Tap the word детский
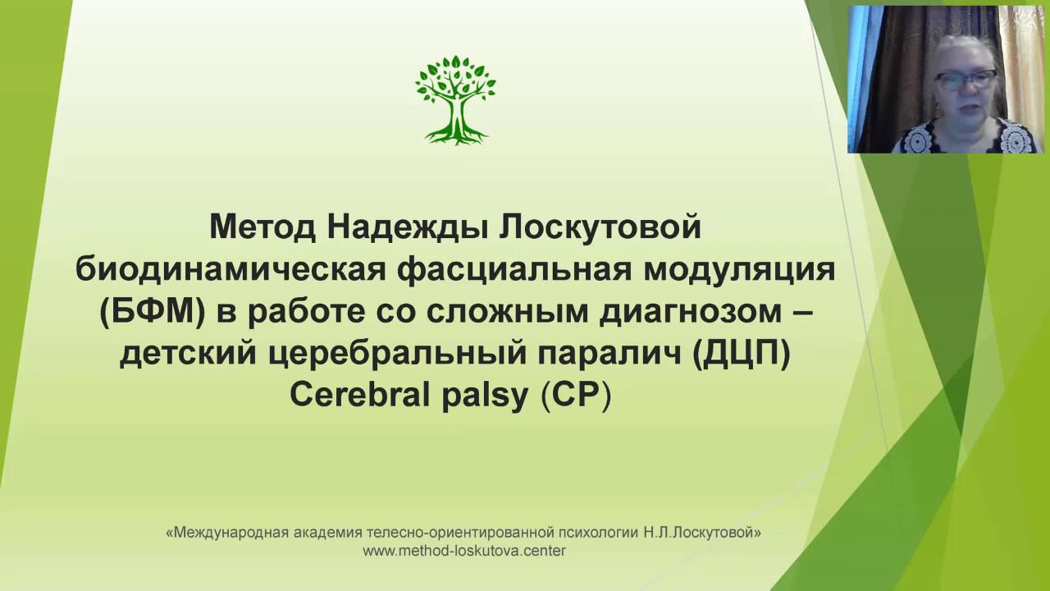182,357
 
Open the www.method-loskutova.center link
464,551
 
